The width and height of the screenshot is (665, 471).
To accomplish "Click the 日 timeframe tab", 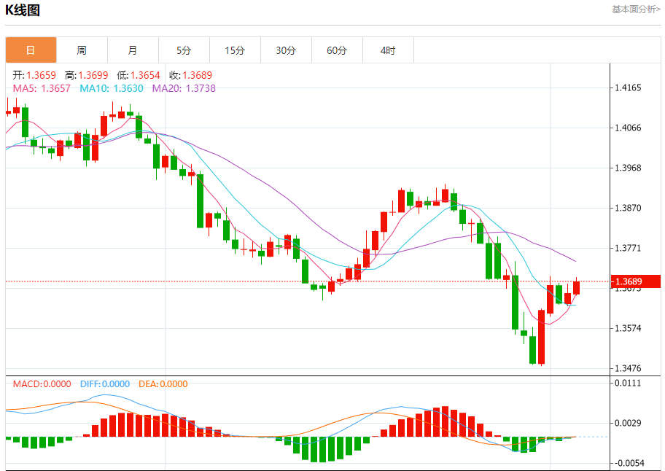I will [x=31, y=50].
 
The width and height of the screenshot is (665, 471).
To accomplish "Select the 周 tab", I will [x=82, y=50].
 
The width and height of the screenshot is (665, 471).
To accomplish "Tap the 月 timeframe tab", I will [x=133, y=50].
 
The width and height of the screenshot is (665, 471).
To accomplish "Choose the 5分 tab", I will [x=184, y=50].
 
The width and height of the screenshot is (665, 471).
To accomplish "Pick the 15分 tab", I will [x=235, y=50].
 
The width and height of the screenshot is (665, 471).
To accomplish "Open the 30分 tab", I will [x=286, y=50].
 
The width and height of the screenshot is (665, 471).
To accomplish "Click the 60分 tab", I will [x=337, y=50].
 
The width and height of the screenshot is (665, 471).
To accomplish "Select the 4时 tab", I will [x=388, y=50].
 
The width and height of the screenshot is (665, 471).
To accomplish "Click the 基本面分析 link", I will [x=636, y=9].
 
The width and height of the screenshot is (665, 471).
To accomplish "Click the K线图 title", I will [x=23, y=10].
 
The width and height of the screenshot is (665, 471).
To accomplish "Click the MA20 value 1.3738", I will [x=201, y=88].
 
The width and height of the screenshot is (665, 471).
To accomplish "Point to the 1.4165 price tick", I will [x=628, y=88].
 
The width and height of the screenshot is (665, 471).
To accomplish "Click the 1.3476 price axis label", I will [x=628, y=368].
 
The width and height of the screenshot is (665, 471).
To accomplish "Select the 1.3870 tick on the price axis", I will [x=628, y=208].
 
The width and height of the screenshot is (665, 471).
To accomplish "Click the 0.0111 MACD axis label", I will [x=628, y=383].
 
